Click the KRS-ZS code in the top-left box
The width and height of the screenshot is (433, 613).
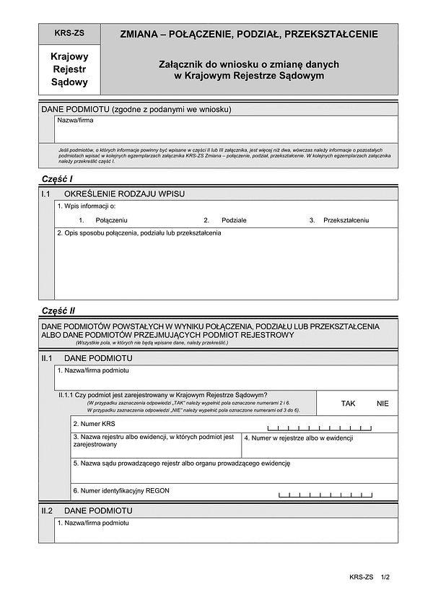click(x=69, y=33)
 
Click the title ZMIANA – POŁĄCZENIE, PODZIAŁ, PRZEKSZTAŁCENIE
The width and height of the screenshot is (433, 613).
click(x=249, y=34)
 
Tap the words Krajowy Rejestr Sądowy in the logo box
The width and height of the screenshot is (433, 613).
click(x=69, y=69)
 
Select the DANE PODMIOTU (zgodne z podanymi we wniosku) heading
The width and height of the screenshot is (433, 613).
click(x=136, y=109)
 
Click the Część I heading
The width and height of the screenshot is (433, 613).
click(x=57, y=178)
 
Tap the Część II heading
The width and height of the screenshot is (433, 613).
click(x=58, y=311)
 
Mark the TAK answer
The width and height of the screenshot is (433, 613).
click(x=349, y=404)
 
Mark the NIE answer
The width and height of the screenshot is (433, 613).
click(x=382, y=404)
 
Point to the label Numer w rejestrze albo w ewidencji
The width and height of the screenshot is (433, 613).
click(x=297, y=438)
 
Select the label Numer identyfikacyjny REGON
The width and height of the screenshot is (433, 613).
click(x=121, y=491)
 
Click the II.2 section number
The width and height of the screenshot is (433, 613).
click(x=47, y=510)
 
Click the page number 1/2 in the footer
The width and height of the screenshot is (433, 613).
click(x=385, y=577)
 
